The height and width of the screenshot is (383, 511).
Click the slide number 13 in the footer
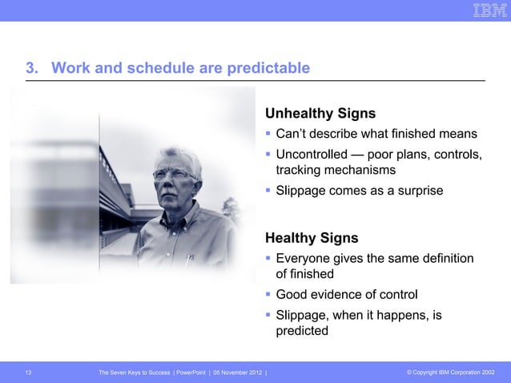point(29,373)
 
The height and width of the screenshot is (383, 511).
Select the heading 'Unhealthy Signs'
point(320,113)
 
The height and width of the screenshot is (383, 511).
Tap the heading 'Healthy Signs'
point(312,238)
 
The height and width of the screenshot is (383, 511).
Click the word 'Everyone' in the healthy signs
point(304,258)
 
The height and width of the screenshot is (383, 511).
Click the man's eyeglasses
point(175,175)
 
